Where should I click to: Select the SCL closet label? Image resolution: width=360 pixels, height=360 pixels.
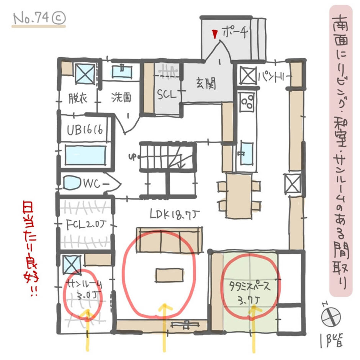167,93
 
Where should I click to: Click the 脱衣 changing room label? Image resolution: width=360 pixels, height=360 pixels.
78,98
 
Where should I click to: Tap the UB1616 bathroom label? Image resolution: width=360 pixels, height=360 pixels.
85,130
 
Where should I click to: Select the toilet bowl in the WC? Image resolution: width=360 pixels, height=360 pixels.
72,183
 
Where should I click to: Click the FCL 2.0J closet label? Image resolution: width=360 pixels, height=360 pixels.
85,223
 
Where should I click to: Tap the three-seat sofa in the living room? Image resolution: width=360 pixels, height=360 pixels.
169,239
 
